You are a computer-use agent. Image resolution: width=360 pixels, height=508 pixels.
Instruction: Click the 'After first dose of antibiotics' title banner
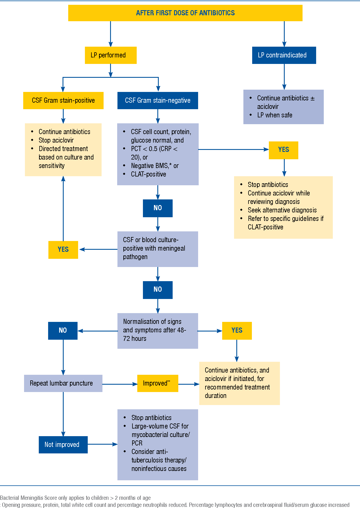[185, 13]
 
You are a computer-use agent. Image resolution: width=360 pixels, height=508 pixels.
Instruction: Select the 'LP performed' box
[111, 55]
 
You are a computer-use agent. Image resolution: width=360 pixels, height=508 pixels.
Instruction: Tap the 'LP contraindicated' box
[284, 55]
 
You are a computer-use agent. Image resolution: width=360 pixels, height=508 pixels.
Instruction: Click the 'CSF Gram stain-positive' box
[63, 100]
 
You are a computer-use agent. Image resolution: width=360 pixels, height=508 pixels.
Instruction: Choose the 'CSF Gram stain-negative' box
[158, 100]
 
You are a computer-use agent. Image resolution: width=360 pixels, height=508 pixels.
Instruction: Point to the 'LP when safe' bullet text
[275, 115]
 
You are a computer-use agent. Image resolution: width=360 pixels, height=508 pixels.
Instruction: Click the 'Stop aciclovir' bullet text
[56, 140]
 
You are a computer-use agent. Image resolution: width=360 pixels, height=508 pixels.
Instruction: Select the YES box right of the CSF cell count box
[283, 150]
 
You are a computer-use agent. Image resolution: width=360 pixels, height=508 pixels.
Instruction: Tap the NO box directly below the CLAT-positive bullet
[158, 208]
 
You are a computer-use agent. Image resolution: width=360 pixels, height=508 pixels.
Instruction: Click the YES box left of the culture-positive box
[63, 249]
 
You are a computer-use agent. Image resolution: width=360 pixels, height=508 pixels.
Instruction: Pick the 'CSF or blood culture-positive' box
[158, 249]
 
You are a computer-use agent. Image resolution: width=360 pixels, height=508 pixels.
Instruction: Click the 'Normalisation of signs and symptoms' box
[158, 330]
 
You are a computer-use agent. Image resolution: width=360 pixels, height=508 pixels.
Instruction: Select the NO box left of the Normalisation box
[63, 330]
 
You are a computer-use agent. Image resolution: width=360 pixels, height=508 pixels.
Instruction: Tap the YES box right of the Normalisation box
[237, 330]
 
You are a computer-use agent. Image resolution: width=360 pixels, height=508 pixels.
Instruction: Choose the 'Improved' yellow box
[157, 383]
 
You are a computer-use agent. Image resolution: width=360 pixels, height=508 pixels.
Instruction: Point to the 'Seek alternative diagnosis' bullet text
[282, 210]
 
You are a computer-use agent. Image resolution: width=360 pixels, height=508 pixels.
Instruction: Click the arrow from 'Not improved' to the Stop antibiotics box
[102, 444]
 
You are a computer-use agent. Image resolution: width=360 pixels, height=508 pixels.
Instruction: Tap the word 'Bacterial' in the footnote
[10, 498]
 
